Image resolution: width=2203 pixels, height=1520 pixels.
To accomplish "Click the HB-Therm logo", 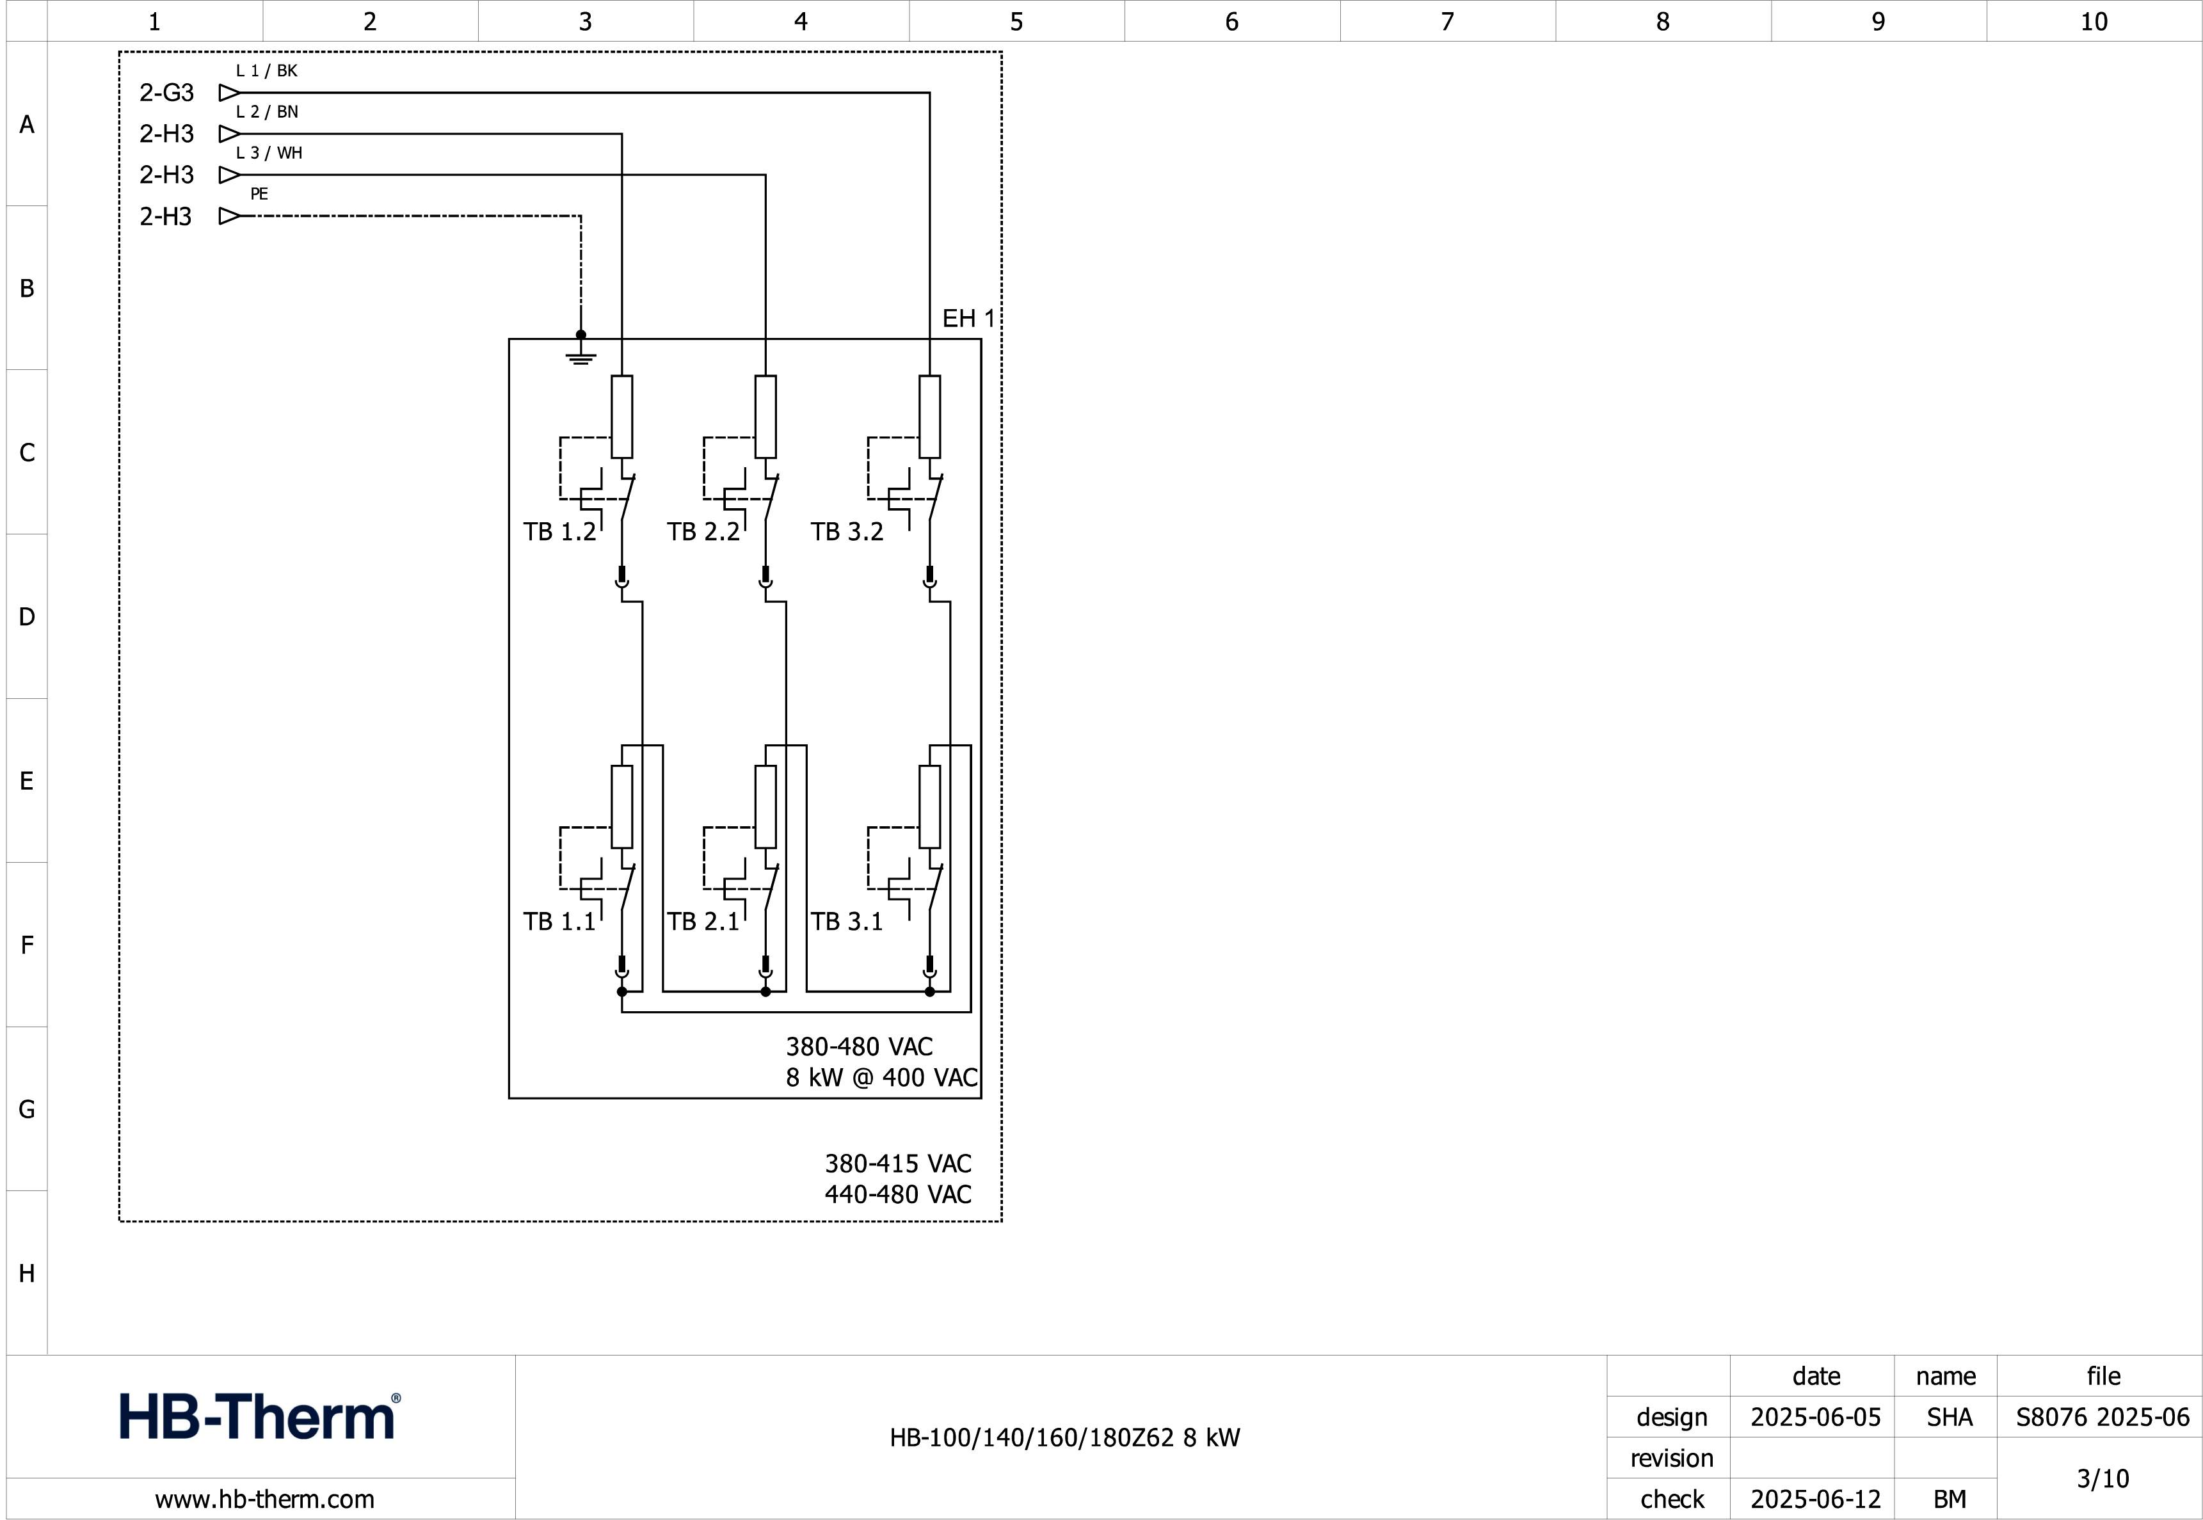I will (x=259, y=1416).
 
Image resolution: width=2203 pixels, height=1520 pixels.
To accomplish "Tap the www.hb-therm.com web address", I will (x=265, y=1499).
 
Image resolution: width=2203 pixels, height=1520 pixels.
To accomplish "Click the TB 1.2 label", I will (x=559, y=531).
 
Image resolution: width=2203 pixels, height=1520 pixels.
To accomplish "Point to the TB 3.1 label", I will (x=847, y=922).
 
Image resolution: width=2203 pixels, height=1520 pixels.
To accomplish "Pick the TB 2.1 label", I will (x=703, y=922).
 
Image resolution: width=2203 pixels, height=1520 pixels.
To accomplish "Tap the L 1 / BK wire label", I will (x=267, y=70).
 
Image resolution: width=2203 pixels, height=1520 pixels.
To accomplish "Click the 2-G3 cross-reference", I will (x=166, y=92).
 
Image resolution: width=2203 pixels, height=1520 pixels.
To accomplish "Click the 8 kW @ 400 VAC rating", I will (x=881, y=1077).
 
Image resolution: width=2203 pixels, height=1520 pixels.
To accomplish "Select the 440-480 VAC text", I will (x=897, y=1194).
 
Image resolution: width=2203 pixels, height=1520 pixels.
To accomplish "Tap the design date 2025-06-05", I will (x=1814, y=1417).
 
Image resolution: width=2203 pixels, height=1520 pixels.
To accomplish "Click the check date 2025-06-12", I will (x=1814, y=1499).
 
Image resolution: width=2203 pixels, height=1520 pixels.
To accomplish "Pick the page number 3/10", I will (x=2102, y=1478).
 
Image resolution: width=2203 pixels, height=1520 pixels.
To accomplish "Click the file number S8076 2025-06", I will (x=2102, y=1417).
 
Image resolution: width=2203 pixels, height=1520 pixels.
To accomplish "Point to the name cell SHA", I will (x=1949, y=1417).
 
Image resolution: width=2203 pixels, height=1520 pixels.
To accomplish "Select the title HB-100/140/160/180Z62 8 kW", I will (x=1064, y=1437).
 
